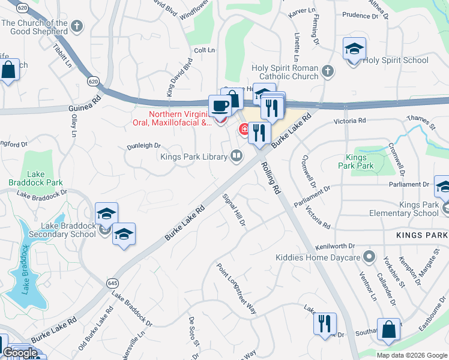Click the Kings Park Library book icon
tap(238, 157)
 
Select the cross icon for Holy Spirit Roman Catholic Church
tap(327, 72)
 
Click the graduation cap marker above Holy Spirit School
tap(354, 49)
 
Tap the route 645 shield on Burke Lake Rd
tap(112, 283)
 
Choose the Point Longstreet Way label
tap(236, 289)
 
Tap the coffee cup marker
tap(220, 106)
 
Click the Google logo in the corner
tap(20, 353)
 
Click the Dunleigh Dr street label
tap(143, 145)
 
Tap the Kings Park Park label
tap(355, 161)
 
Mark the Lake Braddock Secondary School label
tap(62, 230)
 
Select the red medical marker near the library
tap(245, 128)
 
